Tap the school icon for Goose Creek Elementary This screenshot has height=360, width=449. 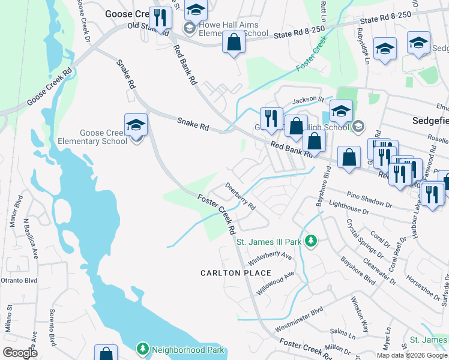click(136, 125)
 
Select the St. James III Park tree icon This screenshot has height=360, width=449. click(310, 241)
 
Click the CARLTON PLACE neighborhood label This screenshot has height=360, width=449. click(236, 273)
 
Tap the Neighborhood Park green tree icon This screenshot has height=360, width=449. click(142, 349)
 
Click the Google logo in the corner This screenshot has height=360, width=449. click(20, 353)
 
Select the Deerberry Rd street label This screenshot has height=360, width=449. click(240, 196)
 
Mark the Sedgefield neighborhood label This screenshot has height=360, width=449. click(430, 120)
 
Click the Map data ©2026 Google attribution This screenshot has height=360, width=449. click(412, 355)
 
